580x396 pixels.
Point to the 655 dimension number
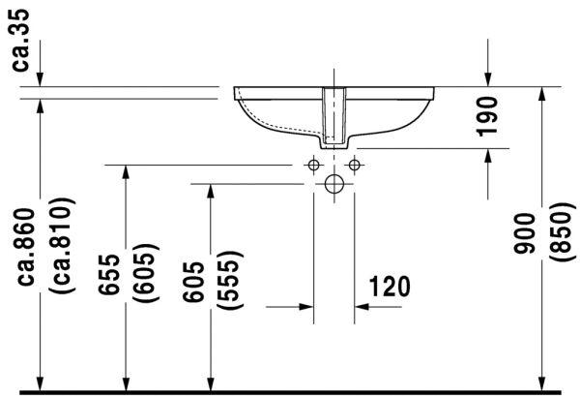pos(113,274)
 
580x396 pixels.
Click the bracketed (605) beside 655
pos(146,274)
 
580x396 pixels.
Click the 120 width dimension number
pos(389,286)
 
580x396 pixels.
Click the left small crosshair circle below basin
pos(312,166)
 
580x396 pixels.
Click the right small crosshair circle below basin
pos(354,166)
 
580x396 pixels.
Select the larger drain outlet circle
pos(333,184)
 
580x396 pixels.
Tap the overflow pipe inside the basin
pos(333,113)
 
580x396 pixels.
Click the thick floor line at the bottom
pos(290,391)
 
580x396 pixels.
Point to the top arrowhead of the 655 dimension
pos(126,172)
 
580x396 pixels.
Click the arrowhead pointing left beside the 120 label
pos(362,307)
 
